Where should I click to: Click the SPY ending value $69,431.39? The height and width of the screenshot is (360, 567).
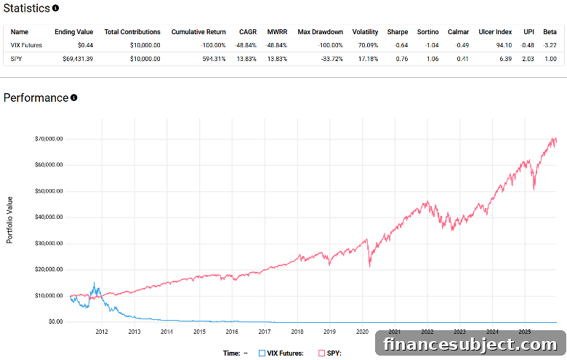pos(78,59)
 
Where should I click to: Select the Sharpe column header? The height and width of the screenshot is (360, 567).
pos(398,32)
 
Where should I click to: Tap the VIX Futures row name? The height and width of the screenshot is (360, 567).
pos(26,45)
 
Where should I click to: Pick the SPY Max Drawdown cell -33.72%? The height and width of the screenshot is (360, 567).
pos(331,59)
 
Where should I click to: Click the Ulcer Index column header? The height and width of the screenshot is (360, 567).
pos(495,32)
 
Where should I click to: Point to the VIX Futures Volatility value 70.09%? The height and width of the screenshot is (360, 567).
pos(368,45)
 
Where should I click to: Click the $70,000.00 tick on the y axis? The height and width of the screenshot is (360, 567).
pos(49,139)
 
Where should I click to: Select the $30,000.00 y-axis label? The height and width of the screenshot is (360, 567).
pos(49,243)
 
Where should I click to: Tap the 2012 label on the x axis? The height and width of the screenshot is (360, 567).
pos(102,332)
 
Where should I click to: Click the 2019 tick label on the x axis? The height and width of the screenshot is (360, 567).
pos(329,332)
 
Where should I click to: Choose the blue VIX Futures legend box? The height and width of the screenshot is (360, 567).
pos(262,353)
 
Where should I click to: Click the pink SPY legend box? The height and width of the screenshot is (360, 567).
pos(321,353)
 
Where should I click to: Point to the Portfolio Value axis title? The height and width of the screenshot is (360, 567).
pos(9,220)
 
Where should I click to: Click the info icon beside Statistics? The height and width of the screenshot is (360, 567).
pos(55,8)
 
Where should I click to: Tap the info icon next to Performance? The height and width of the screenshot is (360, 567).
pos(73,97)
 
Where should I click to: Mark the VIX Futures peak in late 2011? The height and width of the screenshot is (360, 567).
pos(94,283)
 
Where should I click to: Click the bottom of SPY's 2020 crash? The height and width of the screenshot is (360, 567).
pos(369,267)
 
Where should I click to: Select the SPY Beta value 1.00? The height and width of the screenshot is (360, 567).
pos(550,59)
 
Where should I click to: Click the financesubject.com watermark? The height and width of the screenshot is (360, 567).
pos(470,344)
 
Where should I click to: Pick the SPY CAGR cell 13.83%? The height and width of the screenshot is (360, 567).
pos(246,59)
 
